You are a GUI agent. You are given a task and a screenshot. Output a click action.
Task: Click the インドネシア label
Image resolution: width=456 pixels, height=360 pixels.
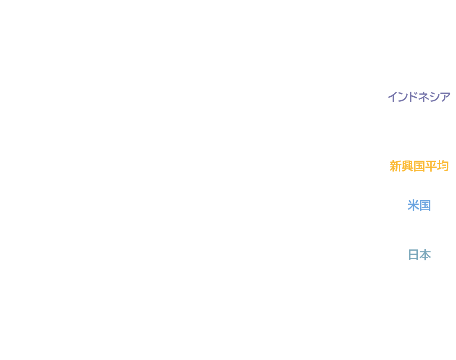click(x=419, y=97)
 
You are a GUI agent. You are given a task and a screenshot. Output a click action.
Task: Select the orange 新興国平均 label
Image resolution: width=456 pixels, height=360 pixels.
click(x=419, y=166)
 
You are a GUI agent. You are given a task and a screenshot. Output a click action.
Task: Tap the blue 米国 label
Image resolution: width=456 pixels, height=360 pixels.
click(x=419, y=205)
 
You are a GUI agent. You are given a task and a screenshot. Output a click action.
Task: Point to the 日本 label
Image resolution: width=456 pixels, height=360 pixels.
click(x=419, y=255)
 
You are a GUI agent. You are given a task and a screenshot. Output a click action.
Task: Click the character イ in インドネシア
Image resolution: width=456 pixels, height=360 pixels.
click(x=393, y=97)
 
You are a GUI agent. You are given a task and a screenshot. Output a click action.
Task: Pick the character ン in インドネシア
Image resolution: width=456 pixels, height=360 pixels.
click(x=403, y=97)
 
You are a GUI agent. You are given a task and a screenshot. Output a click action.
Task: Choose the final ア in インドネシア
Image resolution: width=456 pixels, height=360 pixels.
click(x=445, y=97)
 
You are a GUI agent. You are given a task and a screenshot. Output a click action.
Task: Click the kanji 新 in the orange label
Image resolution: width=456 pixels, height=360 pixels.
click(x=395, y=166)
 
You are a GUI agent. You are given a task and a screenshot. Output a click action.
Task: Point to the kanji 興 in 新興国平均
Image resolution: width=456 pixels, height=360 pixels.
click(x=408, y=166)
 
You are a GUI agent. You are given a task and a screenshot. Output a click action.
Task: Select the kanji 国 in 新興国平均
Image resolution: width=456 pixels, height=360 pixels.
click(x=419, y=166)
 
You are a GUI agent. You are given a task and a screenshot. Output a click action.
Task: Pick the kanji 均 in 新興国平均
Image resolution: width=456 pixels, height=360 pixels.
click(x=443, y=166)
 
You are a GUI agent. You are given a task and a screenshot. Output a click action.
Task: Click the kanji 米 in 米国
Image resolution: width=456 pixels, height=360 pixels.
click(x=413, y=205)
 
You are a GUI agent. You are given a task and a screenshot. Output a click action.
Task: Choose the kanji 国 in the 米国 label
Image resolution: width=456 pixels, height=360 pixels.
click(x=425, y=206)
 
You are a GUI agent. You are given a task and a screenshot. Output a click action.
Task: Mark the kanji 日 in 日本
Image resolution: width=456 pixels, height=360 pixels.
click(x=414, y=255)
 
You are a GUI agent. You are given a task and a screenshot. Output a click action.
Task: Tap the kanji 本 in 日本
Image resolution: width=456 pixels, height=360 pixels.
click(x=425, y=255)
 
